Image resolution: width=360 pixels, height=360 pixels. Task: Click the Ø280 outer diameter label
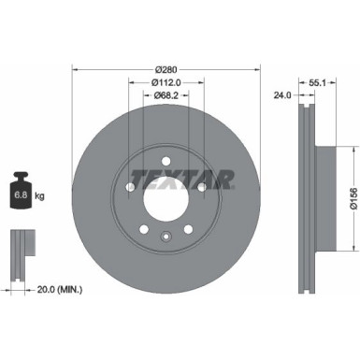coord(166,70)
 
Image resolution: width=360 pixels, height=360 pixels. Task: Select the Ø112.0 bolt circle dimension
coord(166,82)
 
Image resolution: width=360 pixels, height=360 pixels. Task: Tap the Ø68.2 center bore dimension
coord(166,94)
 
